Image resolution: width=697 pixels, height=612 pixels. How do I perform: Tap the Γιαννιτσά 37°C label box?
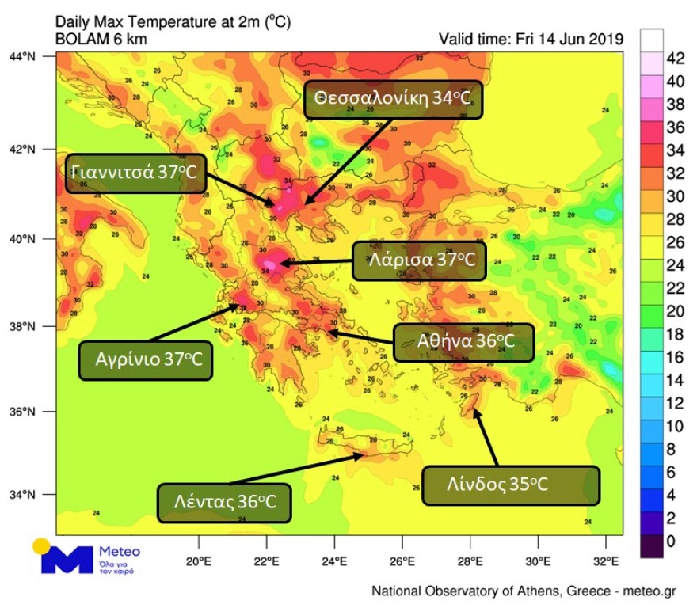pos(135,173)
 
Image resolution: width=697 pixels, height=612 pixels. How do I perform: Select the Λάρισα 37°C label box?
pos(417,260)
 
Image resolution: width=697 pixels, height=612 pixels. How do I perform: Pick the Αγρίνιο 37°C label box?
pos(149,359)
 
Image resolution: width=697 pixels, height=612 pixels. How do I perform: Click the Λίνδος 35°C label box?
pos(510,484)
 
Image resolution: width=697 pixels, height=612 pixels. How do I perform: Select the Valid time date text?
pos(531,39)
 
